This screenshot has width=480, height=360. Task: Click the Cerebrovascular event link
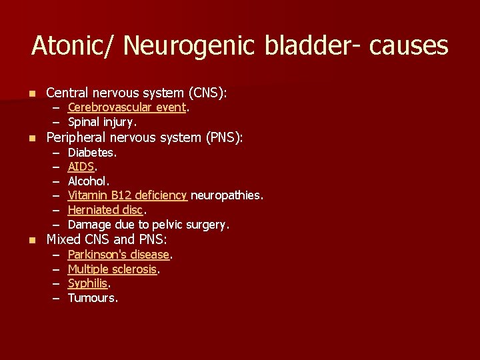click(127, 107)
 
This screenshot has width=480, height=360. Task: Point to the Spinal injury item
click(102, 122)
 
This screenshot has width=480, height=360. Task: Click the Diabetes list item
click(92, 153)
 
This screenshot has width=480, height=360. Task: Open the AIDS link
click(81, 167)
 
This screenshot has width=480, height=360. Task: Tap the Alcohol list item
click(89, 181)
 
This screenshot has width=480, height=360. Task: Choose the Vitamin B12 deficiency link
click(127, 195)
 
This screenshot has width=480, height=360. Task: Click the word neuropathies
click(227, 195)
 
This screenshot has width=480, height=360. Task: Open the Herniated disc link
click(105, 210)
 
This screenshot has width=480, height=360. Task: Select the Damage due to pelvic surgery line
click(149, 225)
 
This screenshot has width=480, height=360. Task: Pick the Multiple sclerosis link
click(113, 269)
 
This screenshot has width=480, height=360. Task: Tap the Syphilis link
click(87, 284)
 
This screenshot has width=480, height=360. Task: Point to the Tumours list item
click(93, 299)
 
